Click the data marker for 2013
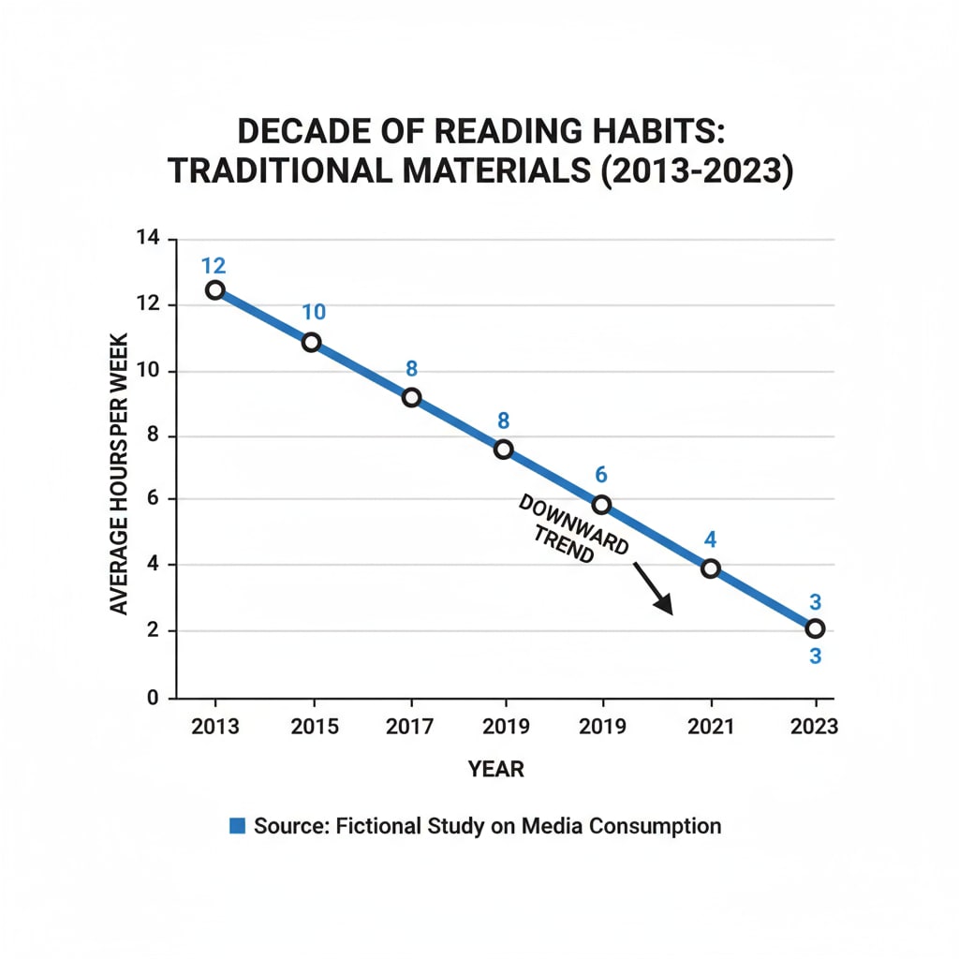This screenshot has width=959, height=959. (x=215, y=289)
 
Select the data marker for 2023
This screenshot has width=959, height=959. (x=815, y=628)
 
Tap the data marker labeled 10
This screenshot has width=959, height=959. (x=312, y=342)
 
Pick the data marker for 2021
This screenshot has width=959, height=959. (x=711, y=568)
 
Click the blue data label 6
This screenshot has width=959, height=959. (x=601, y=476)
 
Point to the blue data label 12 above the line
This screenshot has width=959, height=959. (x=214, y=265)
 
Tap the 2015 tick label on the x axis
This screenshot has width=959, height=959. (x=314, y=727)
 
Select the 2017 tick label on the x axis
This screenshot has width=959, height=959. (x=410, y=727)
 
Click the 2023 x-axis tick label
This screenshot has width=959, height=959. (x=815, y=727)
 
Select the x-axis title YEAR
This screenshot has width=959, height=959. (x=495, y=770)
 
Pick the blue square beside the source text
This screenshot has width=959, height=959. (x=237, y=826)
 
